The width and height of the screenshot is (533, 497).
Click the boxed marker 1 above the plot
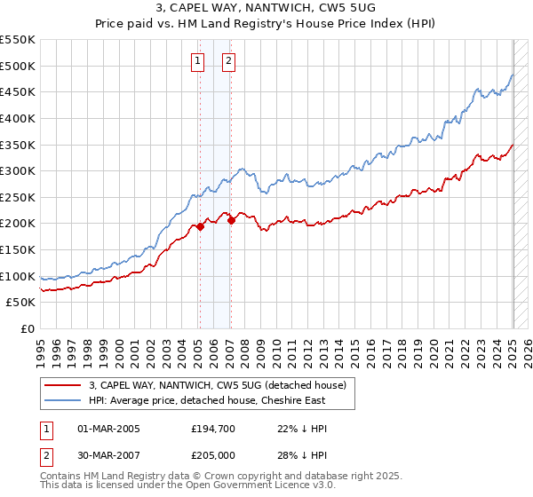196,61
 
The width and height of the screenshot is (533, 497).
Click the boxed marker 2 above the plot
228,61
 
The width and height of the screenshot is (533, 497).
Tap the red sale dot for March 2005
200,226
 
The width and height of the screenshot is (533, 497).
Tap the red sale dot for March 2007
231,221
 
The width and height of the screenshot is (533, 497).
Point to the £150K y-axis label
18,249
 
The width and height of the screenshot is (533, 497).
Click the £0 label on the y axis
27,328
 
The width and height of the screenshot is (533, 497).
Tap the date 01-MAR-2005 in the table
109,429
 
